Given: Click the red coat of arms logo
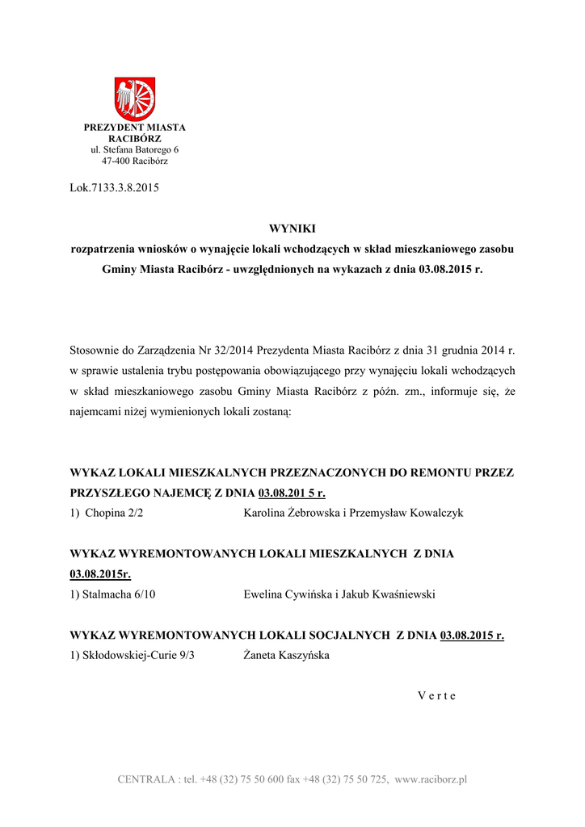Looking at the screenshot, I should click(135, 99).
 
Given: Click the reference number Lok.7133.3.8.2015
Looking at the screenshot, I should click(115, 189).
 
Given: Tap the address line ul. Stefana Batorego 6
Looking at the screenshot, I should click(135, 150).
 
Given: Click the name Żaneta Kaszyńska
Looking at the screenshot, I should click(286, 656).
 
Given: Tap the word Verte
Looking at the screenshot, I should click(437, 696).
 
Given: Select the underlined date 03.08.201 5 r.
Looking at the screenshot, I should click(292, 493).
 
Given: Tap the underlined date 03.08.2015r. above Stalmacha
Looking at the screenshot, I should click(101, 574).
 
